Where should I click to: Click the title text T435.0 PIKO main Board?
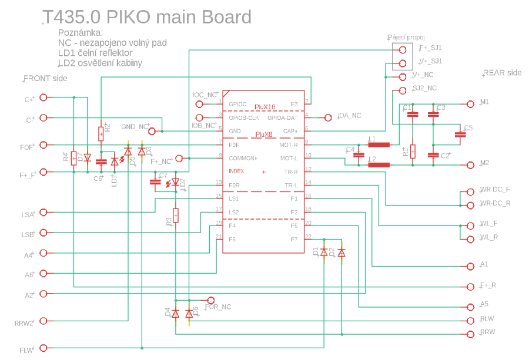click(148, 17)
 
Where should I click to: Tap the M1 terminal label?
click(485, 102)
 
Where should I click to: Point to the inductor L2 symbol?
click(379, 164)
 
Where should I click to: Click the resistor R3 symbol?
click(175, 216)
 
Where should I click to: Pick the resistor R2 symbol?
click(101, 134)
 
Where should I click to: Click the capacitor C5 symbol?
click(460, 134)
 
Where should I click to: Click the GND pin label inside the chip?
click(235, 131)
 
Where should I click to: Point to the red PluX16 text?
click(265, 107)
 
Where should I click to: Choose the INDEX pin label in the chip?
click(236, 171)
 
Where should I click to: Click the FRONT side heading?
click(45, 78)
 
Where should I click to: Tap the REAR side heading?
click(503, 73)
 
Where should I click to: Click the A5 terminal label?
click(484, 304)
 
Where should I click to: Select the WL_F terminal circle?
click(469, 225)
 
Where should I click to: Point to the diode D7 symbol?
click(88, 157)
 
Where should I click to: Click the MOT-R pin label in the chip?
click(289, 144)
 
